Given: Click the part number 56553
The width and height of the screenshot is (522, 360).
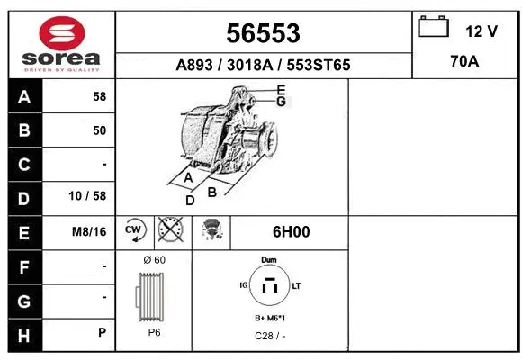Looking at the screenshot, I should pos(263,33).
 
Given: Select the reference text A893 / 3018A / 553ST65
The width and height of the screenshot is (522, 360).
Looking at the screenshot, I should pos(263,66).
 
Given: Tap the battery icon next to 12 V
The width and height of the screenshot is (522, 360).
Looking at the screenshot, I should pos(435,29).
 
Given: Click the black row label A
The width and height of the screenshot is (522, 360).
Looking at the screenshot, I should pos(24,97).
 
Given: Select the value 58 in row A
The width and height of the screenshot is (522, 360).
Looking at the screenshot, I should pos(99,97).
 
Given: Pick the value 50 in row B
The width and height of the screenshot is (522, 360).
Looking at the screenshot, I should pos(99,130).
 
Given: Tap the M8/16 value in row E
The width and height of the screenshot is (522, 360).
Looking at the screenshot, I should pos(89,231).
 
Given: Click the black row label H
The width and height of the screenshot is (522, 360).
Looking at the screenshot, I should pos(24,333).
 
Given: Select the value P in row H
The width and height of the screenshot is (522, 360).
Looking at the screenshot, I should pos(102,333).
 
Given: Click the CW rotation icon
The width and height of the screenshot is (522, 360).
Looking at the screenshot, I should pos(134,230).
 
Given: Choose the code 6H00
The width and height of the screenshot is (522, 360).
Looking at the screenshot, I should pos(291,231).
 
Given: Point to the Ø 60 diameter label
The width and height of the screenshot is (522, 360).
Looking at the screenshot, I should pos(154,259).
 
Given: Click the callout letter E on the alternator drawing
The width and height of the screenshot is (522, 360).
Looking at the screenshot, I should pos(281,89).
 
